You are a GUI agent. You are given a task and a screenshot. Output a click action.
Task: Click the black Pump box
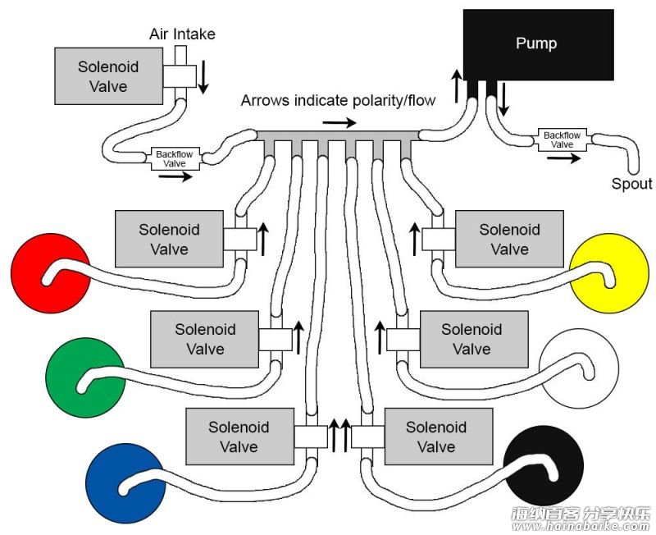click(539, 45)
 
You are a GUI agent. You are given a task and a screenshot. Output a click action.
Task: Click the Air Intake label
click(182, 34)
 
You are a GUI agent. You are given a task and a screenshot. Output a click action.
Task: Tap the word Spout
click(631, 184)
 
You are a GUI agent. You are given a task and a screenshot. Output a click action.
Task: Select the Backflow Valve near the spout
click(562, 139)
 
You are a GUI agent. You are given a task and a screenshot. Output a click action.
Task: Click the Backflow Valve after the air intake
click(175, 158)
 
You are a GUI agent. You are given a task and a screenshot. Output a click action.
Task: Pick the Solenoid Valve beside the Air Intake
click(109, 75)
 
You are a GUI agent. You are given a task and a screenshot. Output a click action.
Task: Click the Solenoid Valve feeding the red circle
click(169, 239)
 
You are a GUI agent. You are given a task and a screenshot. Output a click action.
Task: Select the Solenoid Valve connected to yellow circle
click(509, 239)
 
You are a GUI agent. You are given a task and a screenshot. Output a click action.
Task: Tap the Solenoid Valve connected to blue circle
click(239, 437)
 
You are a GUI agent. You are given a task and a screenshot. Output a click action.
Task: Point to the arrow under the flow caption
click(339, 122)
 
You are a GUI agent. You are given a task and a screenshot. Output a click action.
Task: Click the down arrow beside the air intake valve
click(203, 77)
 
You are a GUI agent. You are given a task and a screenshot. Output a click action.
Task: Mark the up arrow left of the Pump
click(457, 86)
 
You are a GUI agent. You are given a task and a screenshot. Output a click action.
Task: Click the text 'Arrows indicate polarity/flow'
click(338, 100)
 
